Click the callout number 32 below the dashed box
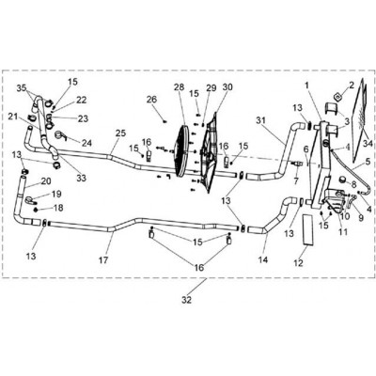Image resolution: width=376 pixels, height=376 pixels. pyautogui.click(x=186, y=300)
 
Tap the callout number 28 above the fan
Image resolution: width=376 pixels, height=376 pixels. pyautogui.click(x=179, y=87)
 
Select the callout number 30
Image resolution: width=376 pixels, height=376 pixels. pyautogui.click(x=227, y=86)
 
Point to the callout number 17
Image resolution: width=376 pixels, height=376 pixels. pyautogui.click(x=103, y=259)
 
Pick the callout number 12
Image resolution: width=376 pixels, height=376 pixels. pyautogui.click(x=299, y=263)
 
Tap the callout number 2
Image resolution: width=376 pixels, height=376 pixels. pyautogui.click(x=352, y=85)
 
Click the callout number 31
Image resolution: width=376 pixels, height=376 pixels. pyautogui.click(x=260, y=120)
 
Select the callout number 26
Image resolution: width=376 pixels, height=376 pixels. pyautogui.click(x=152, y=100)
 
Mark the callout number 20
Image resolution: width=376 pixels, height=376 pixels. pyautogui.click(x=46, y=181)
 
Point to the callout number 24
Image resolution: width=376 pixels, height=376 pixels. pyautogui.click(x=86, y=143)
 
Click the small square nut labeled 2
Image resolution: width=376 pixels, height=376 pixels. pyautogui.click(x=337, y=96)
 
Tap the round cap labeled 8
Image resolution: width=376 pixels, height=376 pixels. pyautogui.click(x=343, y=180)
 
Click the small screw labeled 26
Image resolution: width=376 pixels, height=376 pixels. pyautogui.click(x=164, y=121)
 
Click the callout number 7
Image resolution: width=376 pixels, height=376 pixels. pyautogui.click(x=296, y=180)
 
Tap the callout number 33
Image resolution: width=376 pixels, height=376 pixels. pyautogui.click(x=81, y=178)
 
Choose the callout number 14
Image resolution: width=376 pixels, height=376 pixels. pyautogui.click(x=263, y=259)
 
